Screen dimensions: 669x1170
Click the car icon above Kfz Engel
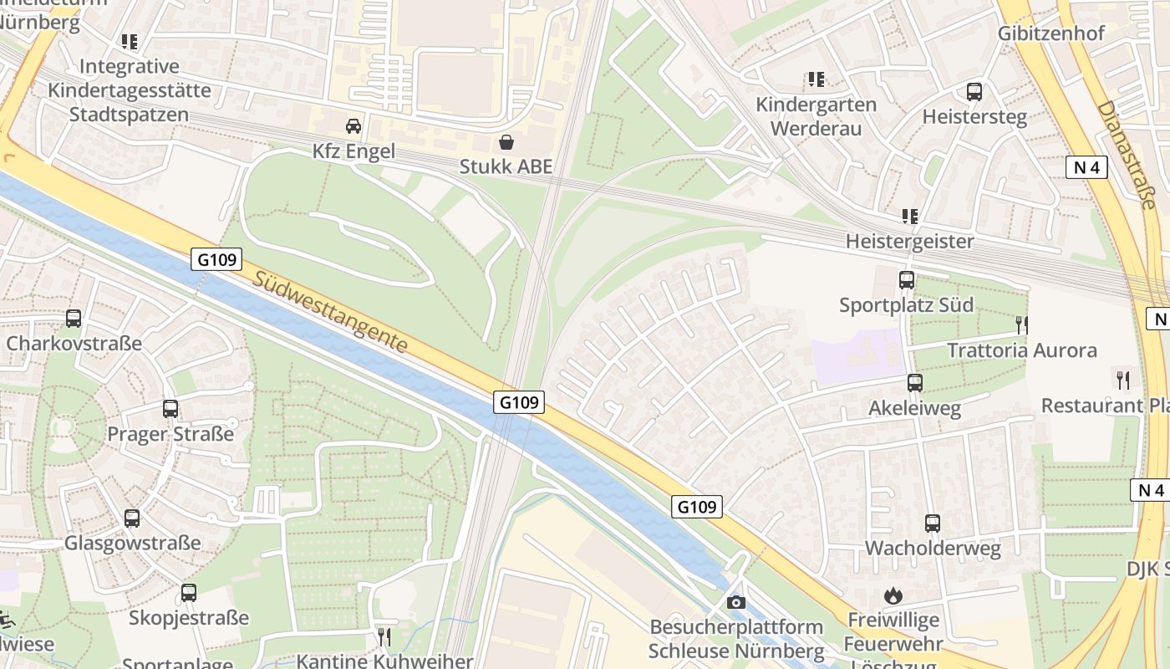354,126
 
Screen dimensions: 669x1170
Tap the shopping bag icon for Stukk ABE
506,141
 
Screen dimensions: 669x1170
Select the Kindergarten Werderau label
816,116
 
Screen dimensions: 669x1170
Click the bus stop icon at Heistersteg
974,92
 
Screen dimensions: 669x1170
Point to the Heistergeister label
909,242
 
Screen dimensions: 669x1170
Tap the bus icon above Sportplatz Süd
907,280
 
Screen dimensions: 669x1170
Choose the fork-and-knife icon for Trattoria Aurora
1021,325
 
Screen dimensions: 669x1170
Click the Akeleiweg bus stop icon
915,383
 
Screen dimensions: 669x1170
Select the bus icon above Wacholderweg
933,523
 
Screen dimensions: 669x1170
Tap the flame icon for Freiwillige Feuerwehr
893,595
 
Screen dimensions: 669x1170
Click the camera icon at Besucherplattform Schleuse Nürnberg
736,602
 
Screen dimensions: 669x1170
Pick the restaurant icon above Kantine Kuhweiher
384,636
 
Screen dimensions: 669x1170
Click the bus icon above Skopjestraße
189,593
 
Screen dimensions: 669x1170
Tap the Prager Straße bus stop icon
170,409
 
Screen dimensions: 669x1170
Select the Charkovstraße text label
74,344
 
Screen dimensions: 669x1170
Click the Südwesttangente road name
332,311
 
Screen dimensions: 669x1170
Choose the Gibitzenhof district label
1050,33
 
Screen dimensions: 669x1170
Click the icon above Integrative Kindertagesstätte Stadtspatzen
129,41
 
